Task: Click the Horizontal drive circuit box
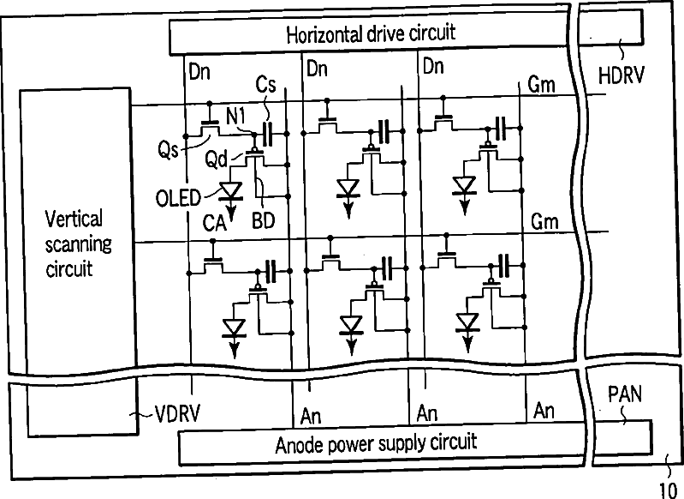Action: pos(369,33)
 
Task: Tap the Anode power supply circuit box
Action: pos(382,444)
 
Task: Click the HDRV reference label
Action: pos(621,75)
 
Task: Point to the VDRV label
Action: pos(177,413)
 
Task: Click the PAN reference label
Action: pos(625,394)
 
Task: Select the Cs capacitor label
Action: pos(265,84)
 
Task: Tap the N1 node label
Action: pos(235,116)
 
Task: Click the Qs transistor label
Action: pos(168,150)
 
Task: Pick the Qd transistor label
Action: pos(216,159)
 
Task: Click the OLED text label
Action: pos(178,198)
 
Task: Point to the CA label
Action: pos(214,223)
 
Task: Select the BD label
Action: pos(263,221)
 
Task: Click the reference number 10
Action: pos(668,490)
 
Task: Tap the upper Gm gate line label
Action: pos(541,84)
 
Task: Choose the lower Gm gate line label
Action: pos(544,222)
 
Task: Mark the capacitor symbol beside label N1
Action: pos(267,134)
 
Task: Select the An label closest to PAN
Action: pos(544,411)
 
